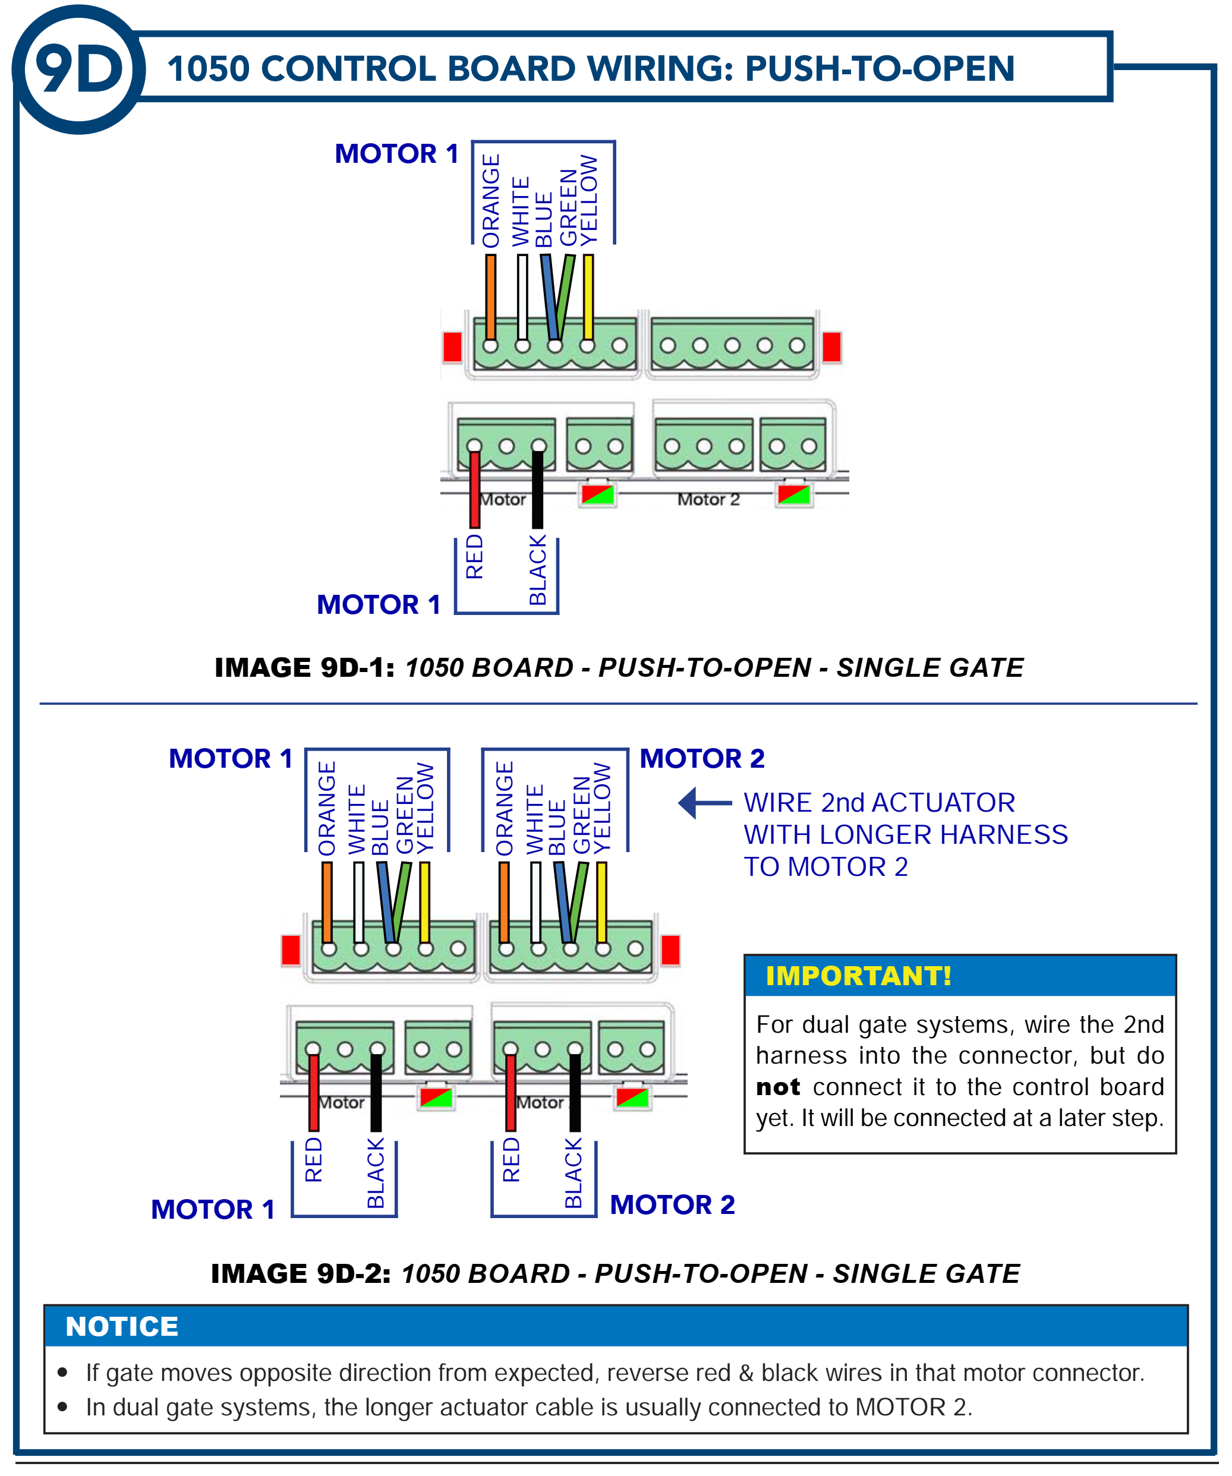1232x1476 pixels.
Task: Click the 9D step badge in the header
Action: pyautogui.click(x=78, y=69)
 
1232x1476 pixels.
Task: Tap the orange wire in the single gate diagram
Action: pyautogui.click(x=490, y=295)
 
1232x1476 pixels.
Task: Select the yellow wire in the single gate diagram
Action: pyautogui.click(x=588, y=295)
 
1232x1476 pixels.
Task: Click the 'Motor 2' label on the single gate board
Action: pyautogui.click(x=708, y=500)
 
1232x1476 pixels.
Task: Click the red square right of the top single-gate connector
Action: pyautogui.click(x=831, y=346)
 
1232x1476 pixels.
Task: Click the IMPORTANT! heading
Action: pyautogui.click(x=858, y=976)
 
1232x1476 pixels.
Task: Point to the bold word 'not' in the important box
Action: pyautogui.click(x=778, y=1087)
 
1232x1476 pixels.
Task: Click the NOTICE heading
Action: pyautogui.click(x=122, y=1326)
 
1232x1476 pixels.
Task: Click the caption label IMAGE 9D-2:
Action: pyautogui.click(x=301, y=1273)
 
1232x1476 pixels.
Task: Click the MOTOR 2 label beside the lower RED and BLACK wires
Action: pyautogui.click(x=672, y=1204)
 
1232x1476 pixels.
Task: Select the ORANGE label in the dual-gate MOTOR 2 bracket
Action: pyautogui.click(x=505, y=808)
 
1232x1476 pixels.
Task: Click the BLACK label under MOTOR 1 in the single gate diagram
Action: pyautogui.click(x=538, y=570)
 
